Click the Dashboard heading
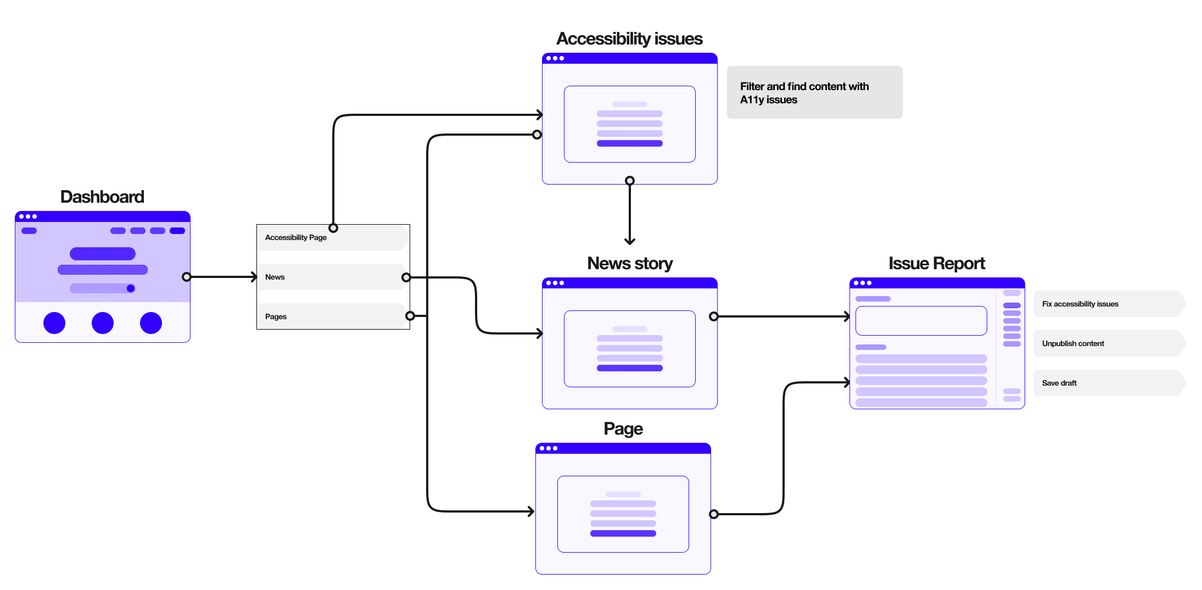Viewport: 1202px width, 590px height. [102, 197]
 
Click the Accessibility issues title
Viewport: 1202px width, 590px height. [629, 38]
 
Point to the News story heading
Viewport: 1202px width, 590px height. [629, 263]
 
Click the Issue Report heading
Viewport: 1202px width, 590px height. [936, 263]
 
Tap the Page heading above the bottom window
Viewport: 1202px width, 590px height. [623, 428]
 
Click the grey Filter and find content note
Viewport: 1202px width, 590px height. [814, 92]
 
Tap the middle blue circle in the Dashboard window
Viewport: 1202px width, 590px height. [103, 323]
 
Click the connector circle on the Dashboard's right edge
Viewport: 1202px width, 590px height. [187, 277]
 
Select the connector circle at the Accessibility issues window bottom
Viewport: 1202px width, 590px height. [630, 181]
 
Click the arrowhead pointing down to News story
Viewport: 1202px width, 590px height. [630, 241]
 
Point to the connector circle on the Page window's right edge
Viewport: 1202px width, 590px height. [713, 514]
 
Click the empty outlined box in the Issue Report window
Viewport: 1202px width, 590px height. [921, 321]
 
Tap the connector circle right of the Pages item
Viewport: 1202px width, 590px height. [410, 316]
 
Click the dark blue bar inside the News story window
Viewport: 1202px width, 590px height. [629, 368]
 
